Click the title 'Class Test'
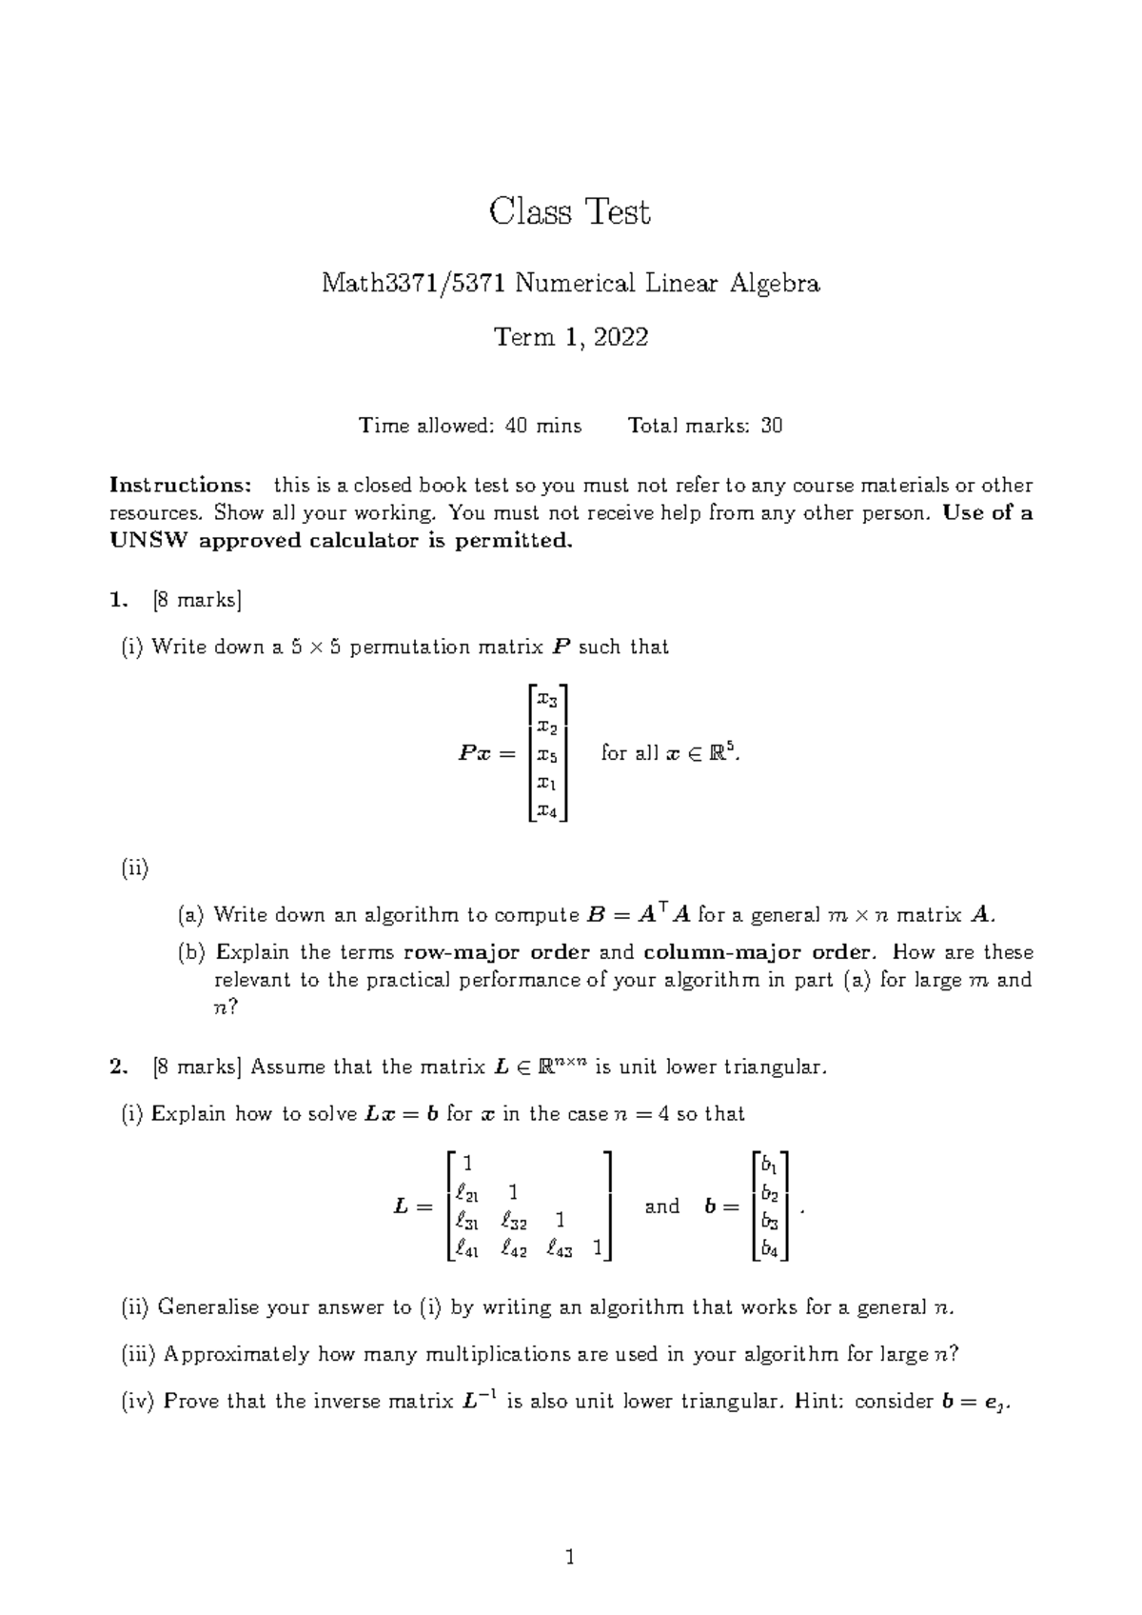pos(569,211)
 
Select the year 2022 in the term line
pos(621,337)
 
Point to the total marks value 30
pos(772,426)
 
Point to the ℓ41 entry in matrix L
pos(466,1249)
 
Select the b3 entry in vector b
pos(769,1221)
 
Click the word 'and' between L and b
pos(661,1206)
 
